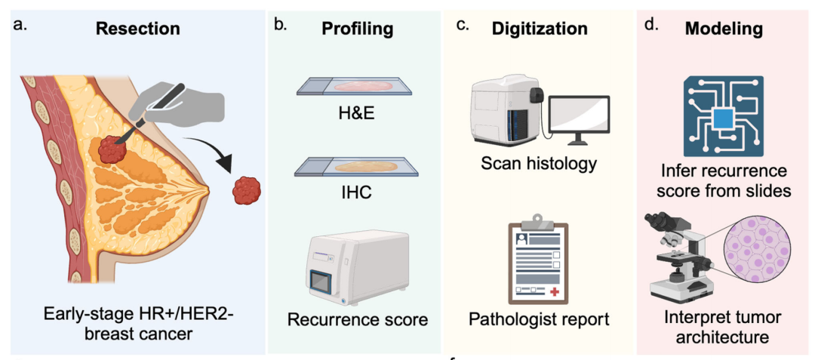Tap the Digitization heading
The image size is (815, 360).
pyautogui.click(x=540, y=29)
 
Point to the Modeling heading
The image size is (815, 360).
pyautogui.click(x=723, y=29)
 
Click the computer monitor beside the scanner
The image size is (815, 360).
pyautogui.click(x=579, y=118)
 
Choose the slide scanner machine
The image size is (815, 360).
pyautogui.click(x=507, y=112)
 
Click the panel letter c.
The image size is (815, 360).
pyautogui.click(x=463, y=23)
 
